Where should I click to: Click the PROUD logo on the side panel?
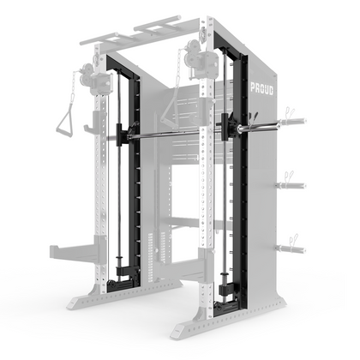coord(261,89)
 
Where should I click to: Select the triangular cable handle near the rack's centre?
coord(171,109)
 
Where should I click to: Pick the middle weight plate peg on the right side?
coord(291,186)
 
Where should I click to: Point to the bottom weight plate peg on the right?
coord(291,249)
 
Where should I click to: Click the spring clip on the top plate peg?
coord(289,112)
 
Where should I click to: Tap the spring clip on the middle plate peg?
coord(290,177)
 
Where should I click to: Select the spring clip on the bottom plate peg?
coord(293,240)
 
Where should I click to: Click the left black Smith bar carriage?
coord(121,135)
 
